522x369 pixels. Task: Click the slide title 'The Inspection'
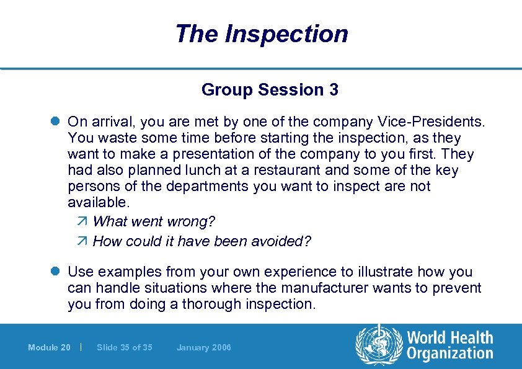[x=261, y=33]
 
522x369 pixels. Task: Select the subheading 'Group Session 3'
[x=270, y=90]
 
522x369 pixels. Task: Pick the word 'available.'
[x=99, y=202]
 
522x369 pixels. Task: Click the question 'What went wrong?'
[x=154, y=221]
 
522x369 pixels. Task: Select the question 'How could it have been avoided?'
[x=201, y=241]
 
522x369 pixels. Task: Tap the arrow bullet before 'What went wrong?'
[x=85, y=221]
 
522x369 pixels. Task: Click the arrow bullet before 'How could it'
[x=85, y=241]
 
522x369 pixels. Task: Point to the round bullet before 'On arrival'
[x=56, y=122]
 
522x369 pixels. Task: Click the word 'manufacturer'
[x=316, y=288]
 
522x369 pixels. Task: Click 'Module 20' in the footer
[x=49, y=347]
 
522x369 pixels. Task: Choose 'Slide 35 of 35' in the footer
[x=125, y=347]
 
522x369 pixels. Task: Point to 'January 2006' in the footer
[x=203, y=347]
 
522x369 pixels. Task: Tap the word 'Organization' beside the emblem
[x=450, y=353]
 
